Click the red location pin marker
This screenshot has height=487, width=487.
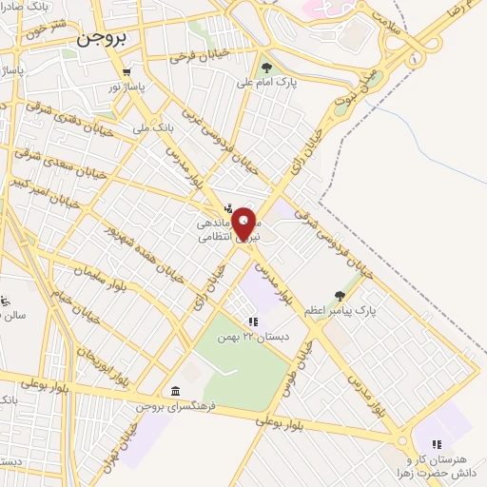(245, 224)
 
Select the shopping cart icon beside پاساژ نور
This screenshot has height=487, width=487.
(126, 72)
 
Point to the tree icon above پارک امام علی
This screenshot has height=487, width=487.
(267, 68)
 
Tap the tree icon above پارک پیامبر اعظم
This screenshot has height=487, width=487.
(341, 296)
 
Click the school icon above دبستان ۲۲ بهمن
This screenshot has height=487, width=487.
(253, 322)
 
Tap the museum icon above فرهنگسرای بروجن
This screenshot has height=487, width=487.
(177, 391)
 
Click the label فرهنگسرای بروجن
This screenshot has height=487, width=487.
(177, 406)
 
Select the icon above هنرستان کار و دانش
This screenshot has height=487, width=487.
(437, 443)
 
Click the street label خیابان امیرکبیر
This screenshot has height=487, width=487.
(36, 181)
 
